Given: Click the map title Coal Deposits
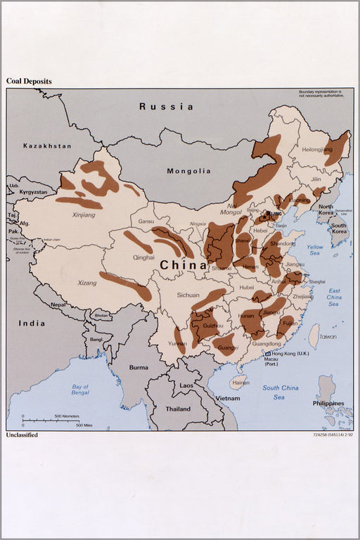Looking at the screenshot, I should click(x=29, y=82).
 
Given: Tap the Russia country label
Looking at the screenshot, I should click(x=166, y=107).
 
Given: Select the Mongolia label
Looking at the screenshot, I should click(x=188, y=171).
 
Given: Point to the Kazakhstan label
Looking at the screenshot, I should click(x=47, y=146).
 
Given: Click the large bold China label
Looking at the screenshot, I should click(x=183, y=266).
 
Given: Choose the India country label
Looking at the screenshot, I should click(x=32, y=323).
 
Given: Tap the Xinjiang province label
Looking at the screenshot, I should click(x=84, y=214).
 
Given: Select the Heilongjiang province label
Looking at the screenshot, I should click(x=316, y=150).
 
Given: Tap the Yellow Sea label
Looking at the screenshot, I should click(x=315, y=251).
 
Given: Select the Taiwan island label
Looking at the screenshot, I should click(x=328, y=337).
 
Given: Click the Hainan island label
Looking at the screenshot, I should click(x=240, y=383).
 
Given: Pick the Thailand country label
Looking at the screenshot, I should click(x=178, y=409).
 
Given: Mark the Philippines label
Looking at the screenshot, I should click(x=328, y=404).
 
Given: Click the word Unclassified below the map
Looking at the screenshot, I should click(x=22, y=435).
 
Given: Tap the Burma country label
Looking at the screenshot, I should click(x=139, y=367).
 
